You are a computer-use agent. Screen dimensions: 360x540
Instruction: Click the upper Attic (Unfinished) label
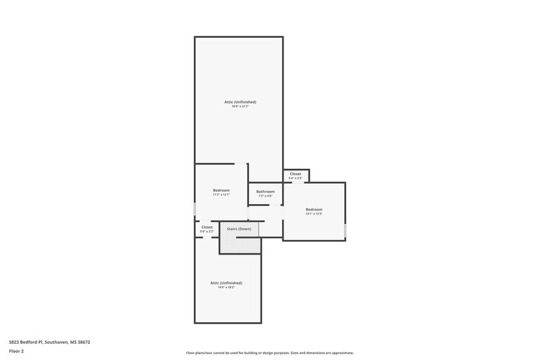point(240,102)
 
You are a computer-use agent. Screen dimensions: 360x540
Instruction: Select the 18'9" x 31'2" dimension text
point(240,107)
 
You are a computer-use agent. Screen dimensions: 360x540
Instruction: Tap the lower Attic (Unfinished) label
point(226,282)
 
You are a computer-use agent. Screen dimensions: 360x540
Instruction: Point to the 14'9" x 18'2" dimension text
point(226,287)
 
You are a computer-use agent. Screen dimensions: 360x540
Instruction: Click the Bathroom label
point(265,191)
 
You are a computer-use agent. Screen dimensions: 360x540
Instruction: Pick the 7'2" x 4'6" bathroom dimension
point(265,196)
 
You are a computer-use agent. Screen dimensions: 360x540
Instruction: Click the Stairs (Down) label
point(239,229)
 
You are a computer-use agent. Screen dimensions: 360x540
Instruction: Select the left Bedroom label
point(221,190)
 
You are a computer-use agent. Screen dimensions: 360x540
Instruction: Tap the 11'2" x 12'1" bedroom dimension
point(221,195)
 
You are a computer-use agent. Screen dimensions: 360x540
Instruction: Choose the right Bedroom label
point(314,209)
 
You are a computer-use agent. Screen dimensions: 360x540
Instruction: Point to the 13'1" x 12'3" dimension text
point(314,213)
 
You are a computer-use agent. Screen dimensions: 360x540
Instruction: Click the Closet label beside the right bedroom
point(296,174)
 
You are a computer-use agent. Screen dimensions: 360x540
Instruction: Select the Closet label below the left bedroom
point(207,227)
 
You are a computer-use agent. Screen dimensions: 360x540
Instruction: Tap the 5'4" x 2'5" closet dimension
point(296,178)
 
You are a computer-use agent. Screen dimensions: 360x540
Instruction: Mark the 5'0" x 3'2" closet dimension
point(207,232)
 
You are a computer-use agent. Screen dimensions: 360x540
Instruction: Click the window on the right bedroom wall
point(345,230)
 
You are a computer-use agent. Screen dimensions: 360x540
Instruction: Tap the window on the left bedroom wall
point(195,209)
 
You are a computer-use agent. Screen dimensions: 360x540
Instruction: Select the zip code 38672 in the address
point(84,342)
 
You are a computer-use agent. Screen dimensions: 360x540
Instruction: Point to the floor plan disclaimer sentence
point(270,353)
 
